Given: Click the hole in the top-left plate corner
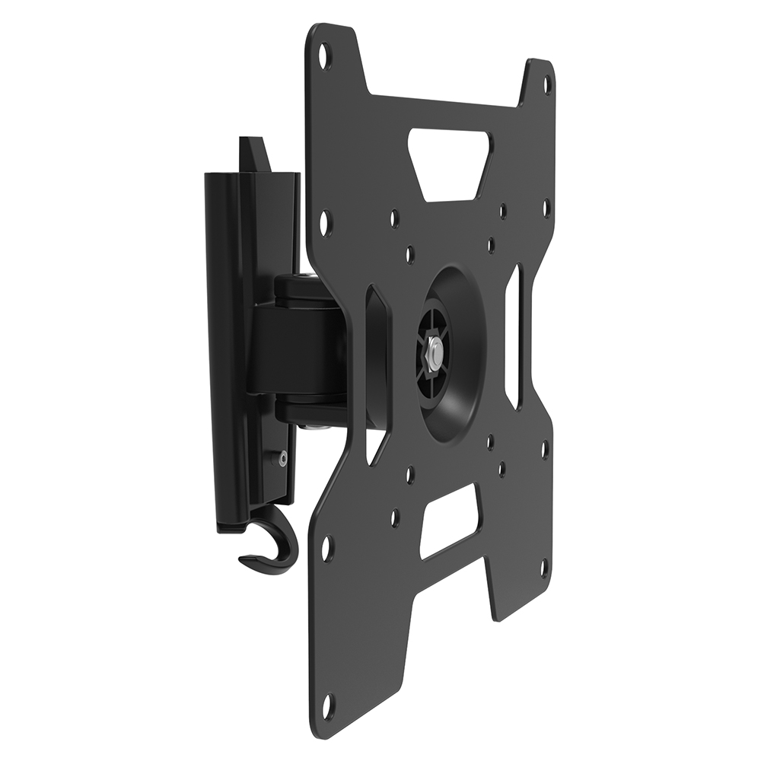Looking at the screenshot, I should [323, 55].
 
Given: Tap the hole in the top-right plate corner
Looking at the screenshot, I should [545, 85].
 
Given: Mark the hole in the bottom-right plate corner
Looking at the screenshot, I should [543, 567].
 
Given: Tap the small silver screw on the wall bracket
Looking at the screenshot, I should [283, 458].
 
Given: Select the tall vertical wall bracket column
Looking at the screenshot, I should [228, 342].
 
